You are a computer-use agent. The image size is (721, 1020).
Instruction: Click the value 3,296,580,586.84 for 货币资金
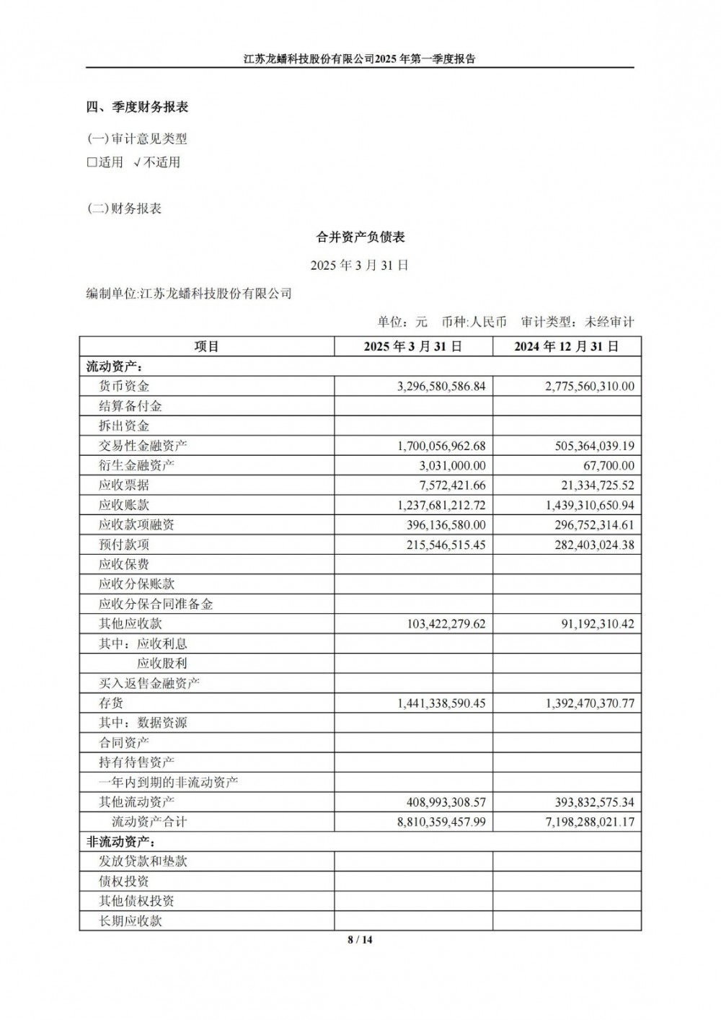[x=441, y=387]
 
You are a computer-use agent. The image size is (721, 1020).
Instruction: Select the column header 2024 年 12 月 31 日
[x=567, y=347]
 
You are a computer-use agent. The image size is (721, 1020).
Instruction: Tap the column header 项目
[x=207, y=347]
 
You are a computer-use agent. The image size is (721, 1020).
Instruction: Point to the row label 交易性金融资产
[x=143, y=446]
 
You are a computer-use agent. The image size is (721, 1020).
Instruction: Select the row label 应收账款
[x=124, y=505]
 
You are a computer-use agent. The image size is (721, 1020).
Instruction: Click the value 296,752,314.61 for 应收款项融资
[x=595, y=525]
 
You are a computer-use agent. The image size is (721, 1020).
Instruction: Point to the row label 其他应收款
[x=131, y=624]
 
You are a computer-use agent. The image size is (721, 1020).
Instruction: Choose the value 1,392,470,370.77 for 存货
[x=590, y=703]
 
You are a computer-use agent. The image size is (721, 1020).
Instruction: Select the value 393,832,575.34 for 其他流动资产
[x=595, y=802]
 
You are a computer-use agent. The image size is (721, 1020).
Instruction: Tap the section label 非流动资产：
[x=121, y=842]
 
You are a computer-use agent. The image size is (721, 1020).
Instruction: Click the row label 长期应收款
[x=131, y=921]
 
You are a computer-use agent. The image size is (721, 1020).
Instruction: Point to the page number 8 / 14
[x=360, y=939]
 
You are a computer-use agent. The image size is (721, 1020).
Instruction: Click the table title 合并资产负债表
[x=360, y=237]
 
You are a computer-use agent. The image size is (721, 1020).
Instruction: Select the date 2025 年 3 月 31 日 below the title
[x=360, y=265]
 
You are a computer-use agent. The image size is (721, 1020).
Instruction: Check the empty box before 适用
[x=92, y=162]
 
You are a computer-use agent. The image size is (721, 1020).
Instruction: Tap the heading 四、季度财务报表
[x=137, y=107]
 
